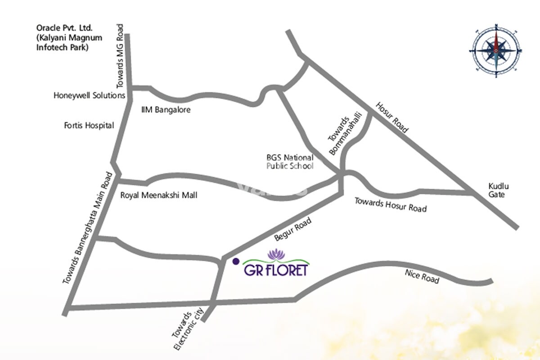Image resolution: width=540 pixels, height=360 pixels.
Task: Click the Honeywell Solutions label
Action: (x=89, y=95)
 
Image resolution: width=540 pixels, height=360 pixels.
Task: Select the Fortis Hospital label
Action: (x=89, y=126)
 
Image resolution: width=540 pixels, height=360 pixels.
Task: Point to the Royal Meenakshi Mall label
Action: (x=159, y=196)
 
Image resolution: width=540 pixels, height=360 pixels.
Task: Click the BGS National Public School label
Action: (x=290, y=162)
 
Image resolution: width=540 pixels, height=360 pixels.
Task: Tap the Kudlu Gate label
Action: (x=497, y=190)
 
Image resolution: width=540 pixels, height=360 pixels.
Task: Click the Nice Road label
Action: (x=422, y=276)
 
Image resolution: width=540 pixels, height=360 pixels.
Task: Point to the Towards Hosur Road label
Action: (x=390, y=205)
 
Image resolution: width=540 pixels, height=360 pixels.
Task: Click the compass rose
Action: (x=496, y=50)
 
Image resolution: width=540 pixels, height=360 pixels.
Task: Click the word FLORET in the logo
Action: (x=289, y=270)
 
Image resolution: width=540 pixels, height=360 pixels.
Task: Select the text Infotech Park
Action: (x=62, y=47)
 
